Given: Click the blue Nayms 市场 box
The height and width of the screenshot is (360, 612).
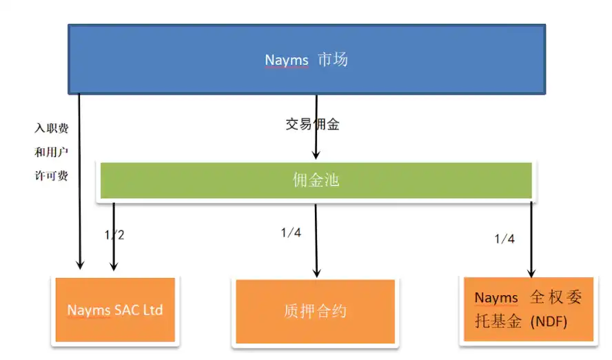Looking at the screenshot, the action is pos(307,59).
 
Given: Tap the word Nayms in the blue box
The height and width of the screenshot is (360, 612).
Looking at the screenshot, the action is pos(287,60).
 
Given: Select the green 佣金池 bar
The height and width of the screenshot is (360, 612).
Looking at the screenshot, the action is pos(316,181).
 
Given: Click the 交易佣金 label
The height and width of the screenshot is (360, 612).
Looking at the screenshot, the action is pos(312,124).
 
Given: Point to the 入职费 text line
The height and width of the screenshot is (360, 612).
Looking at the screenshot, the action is pos(52,128).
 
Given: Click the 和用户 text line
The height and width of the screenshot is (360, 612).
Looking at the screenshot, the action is pos(52,152).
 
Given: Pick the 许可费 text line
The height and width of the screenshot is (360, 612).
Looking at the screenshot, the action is pos(52,176).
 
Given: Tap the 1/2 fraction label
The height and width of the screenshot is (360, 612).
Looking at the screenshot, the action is pos(114,234).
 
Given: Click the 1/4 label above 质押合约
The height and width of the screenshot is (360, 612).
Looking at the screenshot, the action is pos(291,232).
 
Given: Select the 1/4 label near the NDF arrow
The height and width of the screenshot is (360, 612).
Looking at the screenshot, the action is pos(504,239).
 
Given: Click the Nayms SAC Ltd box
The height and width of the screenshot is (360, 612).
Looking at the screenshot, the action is pos(115,310).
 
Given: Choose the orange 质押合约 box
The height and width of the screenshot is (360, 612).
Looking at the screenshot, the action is pos(316,312).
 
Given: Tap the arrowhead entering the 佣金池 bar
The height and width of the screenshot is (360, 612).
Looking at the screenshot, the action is pos(316,154).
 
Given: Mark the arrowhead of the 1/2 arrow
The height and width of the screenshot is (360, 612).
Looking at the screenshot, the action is pos(114,266).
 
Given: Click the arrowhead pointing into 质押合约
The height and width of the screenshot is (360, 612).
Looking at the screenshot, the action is pos(316,273).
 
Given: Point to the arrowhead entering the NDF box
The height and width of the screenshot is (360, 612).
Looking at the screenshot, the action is pos(531,273).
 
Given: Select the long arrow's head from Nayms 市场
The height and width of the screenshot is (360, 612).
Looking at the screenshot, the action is pos(80,265).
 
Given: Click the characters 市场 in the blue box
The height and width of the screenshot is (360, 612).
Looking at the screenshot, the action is pos(333,60).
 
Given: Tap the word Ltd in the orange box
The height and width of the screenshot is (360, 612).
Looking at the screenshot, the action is pos(152,310).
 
